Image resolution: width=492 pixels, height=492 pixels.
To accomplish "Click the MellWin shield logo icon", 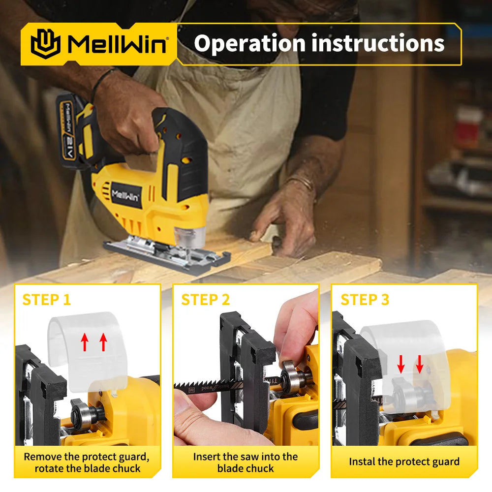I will click(x=45, y=44).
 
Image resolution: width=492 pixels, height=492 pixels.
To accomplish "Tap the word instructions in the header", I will click(x=378, y=43).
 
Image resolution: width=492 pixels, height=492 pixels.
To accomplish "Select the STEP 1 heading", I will click(x=47, y=300).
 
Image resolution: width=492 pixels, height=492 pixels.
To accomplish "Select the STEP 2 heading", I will click(x=206, y=300).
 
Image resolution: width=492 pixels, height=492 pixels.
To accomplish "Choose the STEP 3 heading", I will click(x=365, y=300).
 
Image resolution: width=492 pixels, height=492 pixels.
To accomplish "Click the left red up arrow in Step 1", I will click(x=84, y=341).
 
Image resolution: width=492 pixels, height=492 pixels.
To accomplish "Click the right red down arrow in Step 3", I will click(x=419, y=364).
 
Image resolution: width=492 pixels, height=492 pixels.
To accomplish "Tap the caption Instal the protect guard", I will click(x=404, y=461).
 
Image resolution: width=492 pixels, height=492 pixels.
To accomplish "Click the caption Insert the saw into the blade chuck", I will click(x=246, y=462).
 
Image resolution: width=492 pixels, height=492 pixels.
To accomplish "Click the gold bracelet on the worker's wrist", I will click(x=302, y=183).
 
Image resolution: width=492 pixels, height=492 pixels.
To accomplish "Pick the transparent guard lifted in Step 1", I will click(x=86, y=349).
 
